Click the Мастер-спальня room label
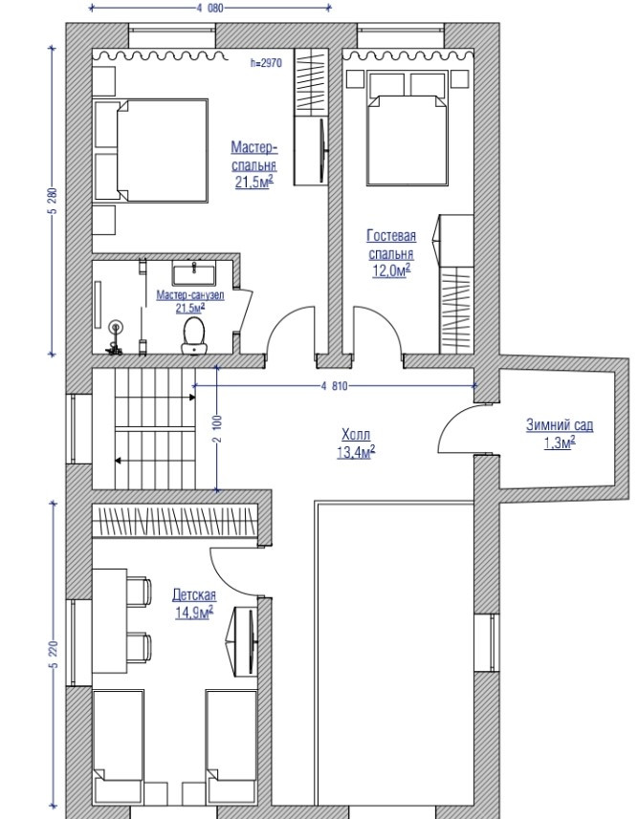[x=254, y=156]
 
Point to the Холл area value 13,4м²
[x=356, y=452]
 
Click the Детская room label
[x=194, y=595]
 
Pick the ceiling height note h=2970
[x=266, y=63]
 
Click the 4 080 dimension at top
[x=210, y=8]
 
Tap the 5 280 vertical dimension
[x=52, y=201]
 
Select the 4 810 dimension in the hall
[x=334, y=386]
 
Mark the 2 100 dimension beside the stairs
[x=217, y=428]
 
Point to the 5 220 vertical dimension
[x=53, y=654]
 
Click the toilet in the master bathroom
[x=193, y=335]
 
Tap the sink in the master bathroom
[x=193, y=273]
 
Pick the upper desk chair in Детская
[x=139, y=592]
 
